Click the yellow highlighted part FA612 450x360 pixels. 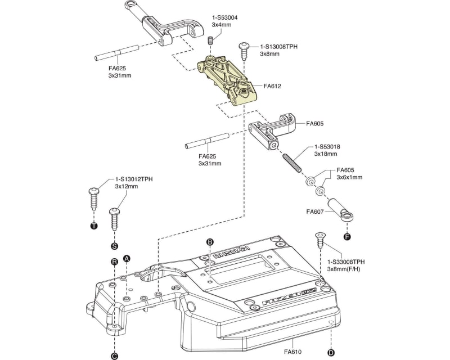[228, 81]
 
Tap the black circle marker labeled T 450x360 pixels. [93, 226]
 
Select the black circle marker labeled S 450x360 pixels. [114, 246]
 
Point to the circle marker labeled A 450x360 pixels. [127, 258]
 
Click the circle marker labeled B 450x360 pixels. [210, 242]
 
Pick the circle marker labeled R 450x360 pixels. [114, 262]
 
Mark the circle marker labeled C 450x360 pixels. [114, 355]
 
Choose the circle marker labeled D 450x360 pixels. [331, 353]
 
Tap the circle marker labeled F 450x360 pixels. [346, 237]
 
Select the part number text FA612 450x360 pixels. [272, 87]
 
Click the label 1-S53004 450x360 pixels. [224, 17]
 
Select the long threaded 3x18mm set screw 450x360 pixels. [291, 163]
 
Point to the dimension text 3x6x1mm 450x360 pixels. [349, 177]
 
